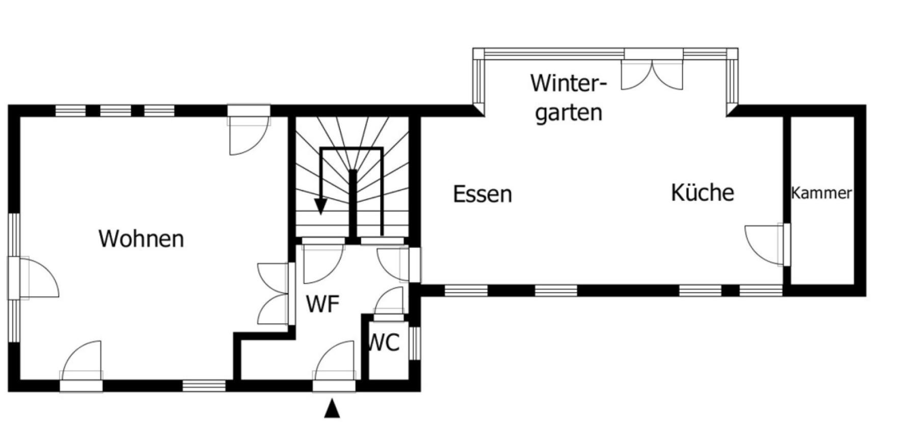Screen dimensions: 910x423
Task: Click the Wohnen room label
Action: (x=141, y=239)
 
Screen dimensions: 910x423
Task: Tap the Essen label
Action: (x=483, y=194)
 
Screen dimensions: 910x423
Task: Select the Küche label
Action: (x=703, y=192)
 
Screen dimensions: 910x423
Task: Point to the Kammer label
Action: (x=821, y=193)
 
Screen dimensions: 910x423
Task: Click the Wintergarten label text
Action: (x=569, y=98)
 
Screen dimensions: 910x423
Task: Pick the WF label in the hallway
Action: (x=323, y=304)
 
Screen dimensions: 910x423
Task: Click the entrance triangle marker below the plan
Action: (x=332, y=409)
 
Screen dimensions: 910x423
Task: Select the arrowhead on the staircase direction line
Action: (x=320, y=205)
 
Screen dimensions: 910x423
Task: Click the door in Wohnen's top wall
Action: (x=249, y=130)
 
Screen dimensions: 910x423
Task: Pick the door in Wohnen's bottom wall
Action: (x=81, y=365)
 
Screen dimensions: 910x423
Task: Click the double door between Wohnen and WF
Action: (x=276, y=294)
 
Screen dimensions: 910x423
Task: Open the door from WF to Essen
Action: (x=399, y=264)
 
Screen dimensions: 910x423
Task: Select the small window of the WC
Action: (x=415, y=343)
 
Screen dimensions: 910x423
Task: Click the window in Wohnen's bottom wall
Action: (x=204, y=386)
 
